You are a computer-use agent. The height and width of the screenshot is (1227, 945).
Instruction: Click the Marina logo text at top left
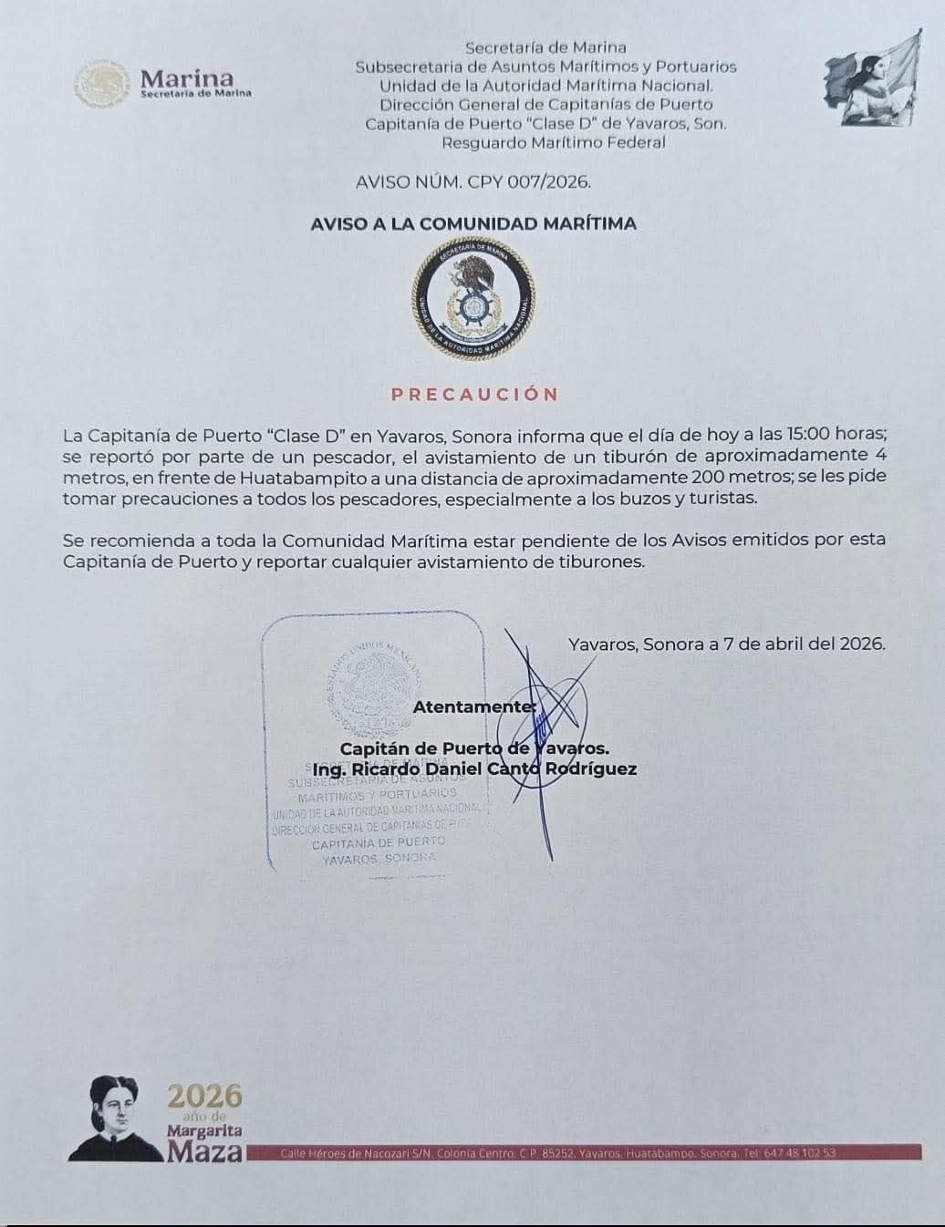click(187, 79)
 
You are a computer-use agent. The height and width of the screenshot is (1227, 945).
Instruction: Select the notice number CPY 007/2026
click(529, 181)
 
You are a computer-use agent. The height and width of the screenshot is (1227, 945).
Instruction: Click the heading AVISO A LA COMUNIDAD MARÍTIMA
click(473, 223)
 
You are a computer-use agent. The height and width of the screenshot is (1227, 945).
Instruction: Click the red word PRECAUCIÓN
click(474, 395)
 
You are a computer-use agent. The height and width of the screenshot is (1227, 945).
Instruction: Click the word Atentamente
click(474, 706)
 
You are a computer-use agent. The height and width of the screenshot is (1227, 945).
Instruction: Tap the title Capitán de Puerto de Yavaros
click(474, 748)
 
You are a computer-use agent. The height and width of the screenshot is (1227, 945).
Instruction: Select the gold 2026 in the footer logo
click(204, 1095)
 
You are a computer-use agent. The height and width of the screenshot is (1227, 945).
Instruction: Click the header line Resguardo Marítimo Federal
click(554, 142)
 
